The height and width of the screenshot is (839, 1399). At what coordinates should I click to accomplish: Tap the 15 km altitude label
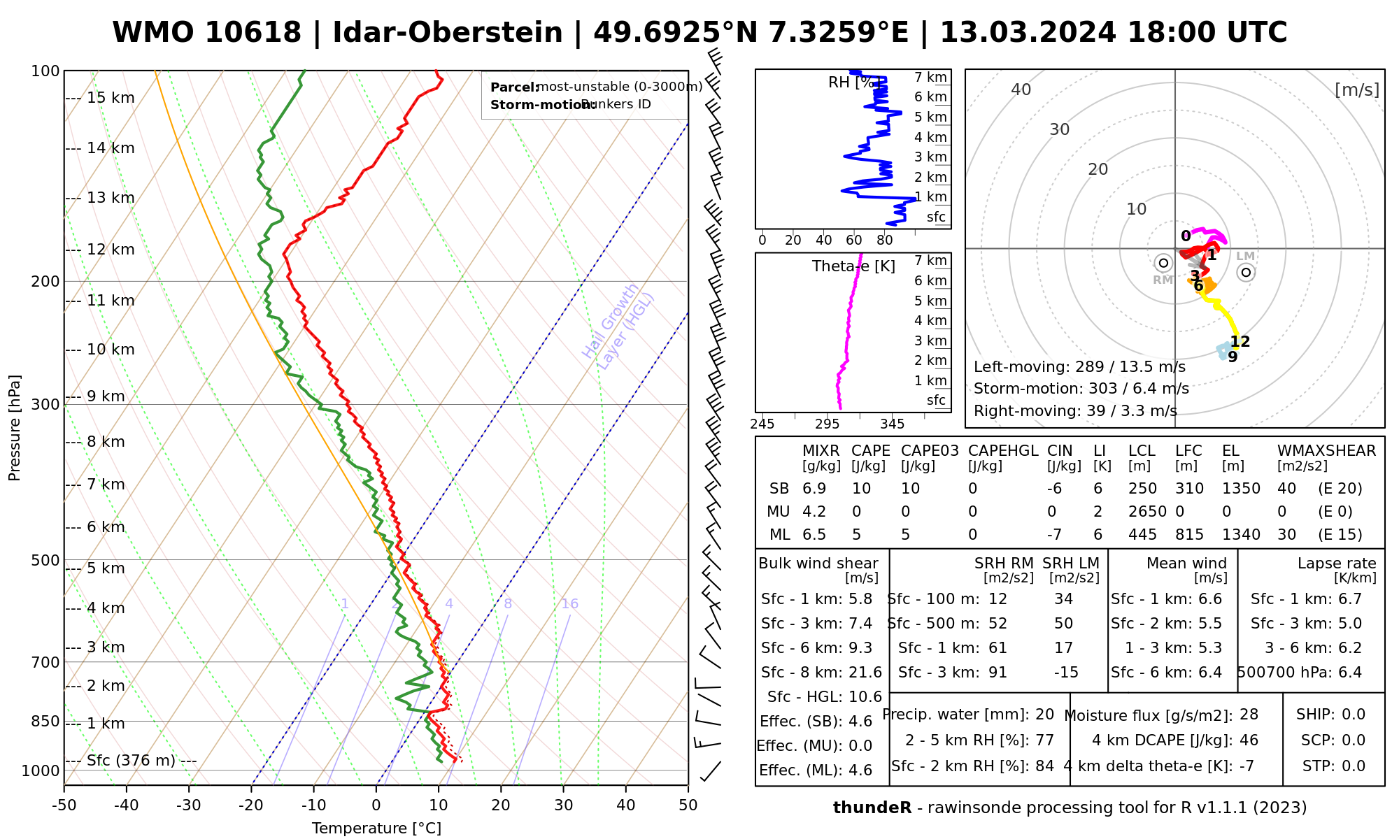coord(111,98)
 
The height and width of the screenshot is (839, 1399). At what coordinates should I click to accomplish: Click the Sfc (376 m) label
coord(131,761)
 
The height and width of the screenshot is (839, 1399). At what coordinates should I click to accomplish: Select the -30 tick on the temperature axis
coord(189,805)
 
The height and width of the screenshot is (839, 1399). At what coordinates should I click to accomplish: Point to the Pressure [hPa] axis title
coord(15,428)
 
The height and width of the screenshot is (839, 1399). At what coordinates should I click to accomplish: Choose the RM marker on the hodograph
coord(1163,263)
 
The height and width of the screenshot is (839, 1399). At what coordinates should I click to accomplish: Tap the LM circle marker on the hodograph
coord(1246,272)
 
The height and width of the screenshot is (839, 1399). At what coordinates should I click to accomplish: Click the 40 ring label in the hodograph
coord(1021,89)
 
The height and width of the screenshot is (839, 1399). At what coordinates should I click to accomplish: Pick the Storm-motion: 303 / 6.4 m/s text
coord(1081,389)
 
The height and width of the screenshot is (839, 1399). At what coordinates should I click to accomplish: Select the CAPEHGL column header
coord(1003,451)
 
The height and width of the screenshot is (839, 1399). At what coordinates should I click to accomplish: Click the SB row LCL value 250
coord(1142,489)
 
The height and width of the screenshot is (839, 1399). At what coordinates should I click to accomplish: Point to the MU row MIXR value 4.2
coord(814,512)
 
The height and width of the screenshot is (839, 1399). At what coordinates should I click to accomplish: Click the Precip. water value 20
coord(1044,715)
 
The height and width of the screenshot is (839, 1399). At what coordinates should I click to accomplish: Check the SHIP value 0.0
coord(1354,715)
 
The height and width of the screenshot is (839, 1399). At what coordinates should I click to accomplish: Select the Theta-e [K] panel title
coord(853,266)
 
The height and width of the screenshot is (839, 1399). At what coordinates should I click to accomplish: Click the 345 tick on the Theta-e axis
coord(892,424)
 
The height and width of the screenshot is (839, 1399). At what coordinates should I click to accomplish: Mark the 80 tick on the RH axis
coord(885,241)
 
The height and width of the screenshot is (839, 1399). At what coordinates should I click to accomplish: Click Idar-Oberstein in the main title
coord(448,33)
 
